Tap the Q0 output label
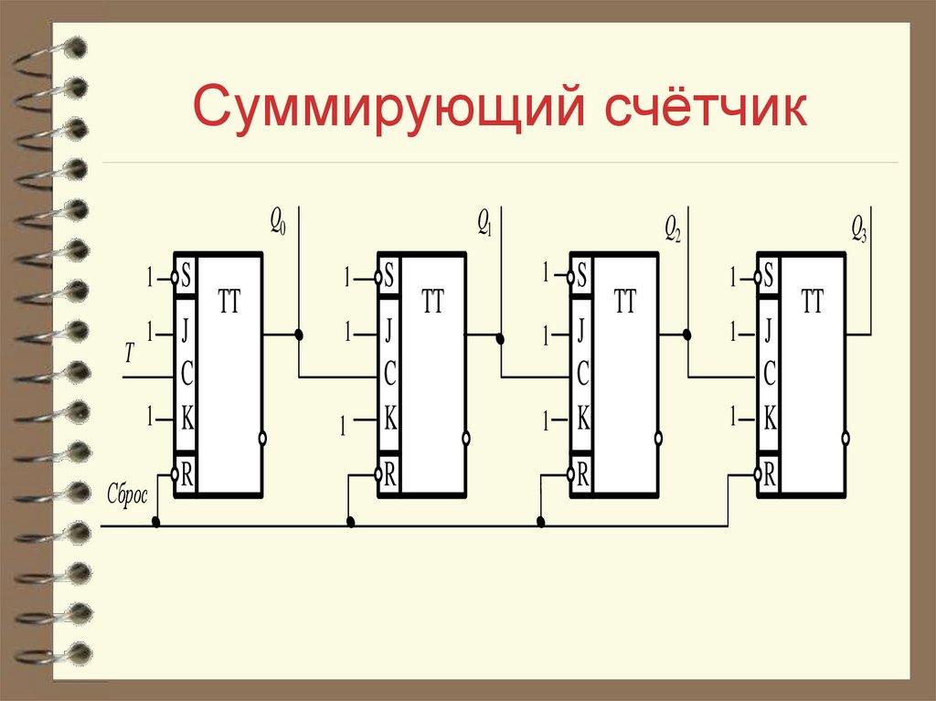(277, 222)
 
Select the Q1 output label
(484, 222)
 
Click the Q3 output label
(858, 226)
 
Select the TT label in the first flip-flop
(229, 303)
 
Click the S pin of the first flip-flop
(186, 275)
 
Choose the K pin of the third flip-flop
(582, 420)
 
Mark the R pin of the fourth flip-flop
(770, 474)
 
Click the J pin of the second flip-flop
(389, 328)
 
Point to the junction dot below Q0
(299, 335)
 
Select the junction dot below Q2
(687, 335)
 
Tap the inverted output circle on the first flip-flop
(263, 439)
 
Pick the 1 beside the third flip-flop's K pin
(547, 421)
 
